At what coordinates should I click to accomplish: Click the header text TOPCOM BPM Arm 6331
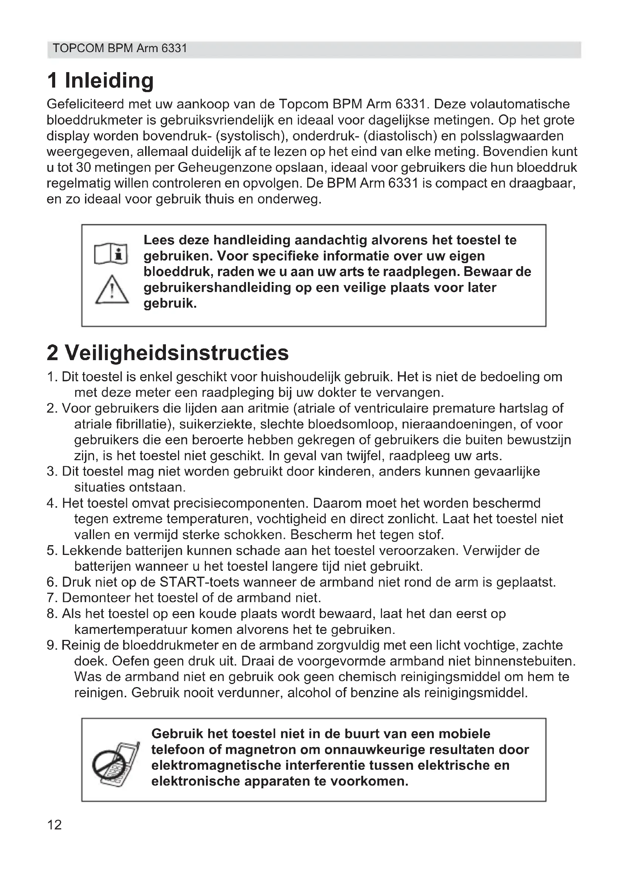[120, 48]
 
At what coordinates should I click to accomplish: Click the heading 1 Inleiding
[101, 80]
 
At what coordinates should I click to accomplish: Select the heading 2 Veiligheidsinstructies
[167, 353]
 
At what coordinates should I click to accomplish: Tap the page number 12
[54, 825]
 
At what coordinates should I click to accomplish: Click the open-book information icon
[111, 253]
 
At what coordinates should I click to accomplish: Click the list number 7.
[51, 598]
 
